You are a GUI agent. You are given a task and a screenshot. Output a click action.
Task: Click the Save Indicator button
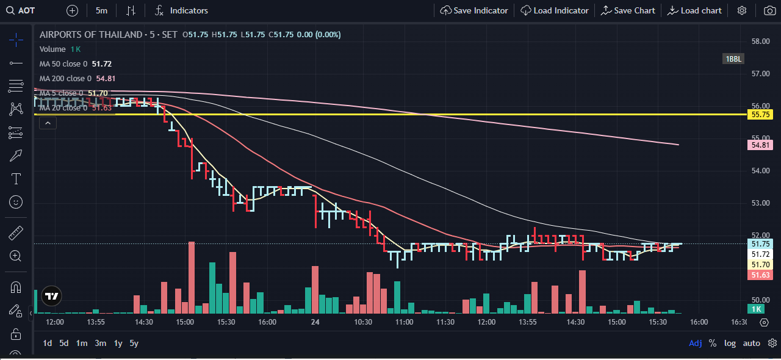[x=474, y=10]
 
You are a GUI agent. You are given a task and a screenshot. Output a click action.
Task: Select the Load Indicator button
[x=555, y=10]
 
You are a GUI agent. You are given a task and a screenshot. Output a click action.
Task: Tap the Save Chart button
[x=628, y=10]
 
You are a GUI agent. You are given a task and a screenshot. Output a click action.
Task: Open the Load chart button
[x=694, y=10]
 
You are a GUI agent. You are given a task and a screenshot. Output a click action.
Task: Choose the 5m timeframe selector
[x=101, y=10]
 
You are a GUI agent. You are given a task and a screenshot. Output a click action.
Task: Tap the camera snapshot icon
[x=769, y=10]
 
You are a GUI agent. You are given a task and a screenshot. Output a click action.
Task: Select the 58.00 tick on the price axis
[x=760, y=41]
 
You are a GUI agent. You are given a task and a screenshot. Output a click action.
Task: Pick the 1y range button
[x=118, y=343]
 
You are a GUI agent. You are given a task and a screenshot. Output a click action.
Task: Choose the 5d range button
[x=64, y=343]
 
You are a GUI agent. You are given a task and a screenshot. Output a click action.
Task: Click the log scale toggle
[x=730, y=343]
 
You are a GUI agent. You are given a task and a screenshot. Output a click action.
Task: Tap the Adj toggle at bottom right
[x=695, y=343]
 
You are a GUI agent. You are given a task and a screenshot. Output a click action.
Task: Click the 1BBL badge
[x=733, y=59]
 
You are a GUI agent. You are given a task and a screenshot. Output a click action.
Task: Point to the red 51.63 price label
[x=760, y=275]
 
